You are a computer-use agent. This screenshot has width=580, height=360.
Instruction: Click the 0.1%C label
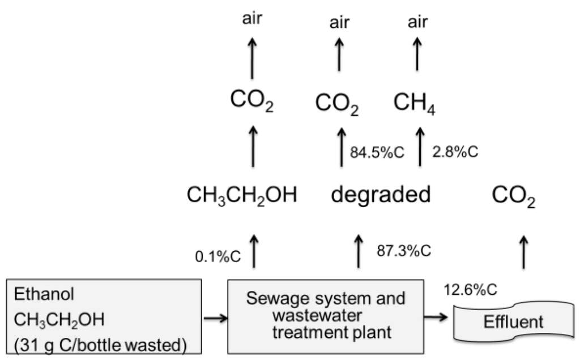click(218, 256)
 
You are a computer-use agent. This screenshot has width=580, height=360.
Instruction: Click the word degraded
click(381, 195)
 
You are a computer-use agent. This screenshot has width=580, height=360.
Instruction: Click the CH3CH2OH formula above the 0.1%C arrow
click(242, 196)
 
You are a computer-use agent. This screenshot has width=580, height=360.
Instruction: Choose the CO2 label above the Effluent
click(514, 198)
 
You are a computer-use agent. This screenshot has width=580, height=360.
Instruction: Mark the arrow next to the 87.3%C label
click(359, 251)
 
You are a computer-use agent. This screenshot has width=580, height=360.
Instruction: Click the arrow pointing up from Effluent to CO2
click(522, 252)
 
